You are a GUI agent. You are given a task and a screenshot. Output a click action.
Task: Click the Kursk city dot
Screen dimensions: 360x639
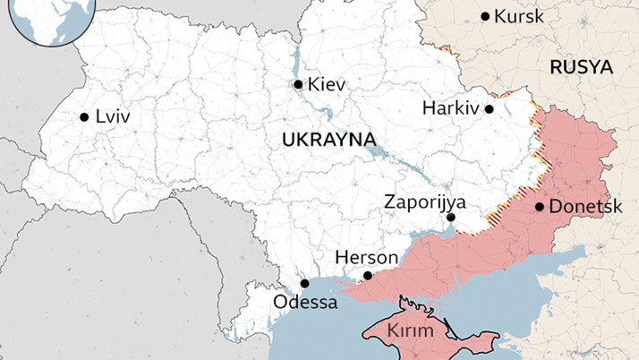tap(485, 16)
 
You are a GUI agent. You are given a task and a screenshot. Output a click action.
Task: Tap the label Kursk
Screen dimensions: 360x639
tap(519, 17)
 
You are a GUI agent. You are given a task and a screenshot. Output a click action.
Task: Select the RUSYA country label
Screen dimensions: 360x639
tap(581, 68)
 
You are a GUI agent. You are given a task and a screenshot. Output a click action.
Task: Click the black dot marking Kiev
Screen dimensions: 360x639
tap(298, 84)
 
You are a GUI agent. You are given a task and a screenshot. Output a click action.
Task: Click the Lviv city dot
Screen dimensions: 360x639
tap(84, 116)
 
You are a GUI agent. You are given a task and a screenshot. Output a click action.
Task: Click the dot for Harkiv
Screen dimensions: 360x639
tap(489, 109)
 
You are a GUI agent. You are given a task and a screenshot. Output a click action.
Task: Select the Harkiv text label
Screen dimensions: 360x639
tap(451, 109)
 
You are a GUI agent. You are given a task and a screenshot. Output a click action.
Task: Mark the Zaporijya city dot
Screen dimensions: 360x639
tap(451, 217)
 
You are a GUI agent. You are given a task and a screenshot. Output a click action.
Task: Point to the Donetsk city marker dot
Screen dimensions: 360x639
tap(540, 207)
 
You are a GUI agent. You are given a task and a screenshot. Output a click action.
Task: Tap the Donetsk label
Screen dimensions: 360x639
tap(584, 207)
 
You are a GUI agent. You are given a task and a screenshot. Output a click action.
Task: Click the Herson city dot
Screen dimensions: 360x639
tap(368, 276)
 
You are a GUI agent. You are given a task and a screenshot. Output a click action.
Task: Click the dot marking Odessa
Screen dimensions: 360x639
tap(304, 283)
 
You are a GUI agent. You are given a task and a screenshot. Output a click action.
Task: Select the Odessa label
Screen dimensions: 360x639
tap(306, 303)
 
